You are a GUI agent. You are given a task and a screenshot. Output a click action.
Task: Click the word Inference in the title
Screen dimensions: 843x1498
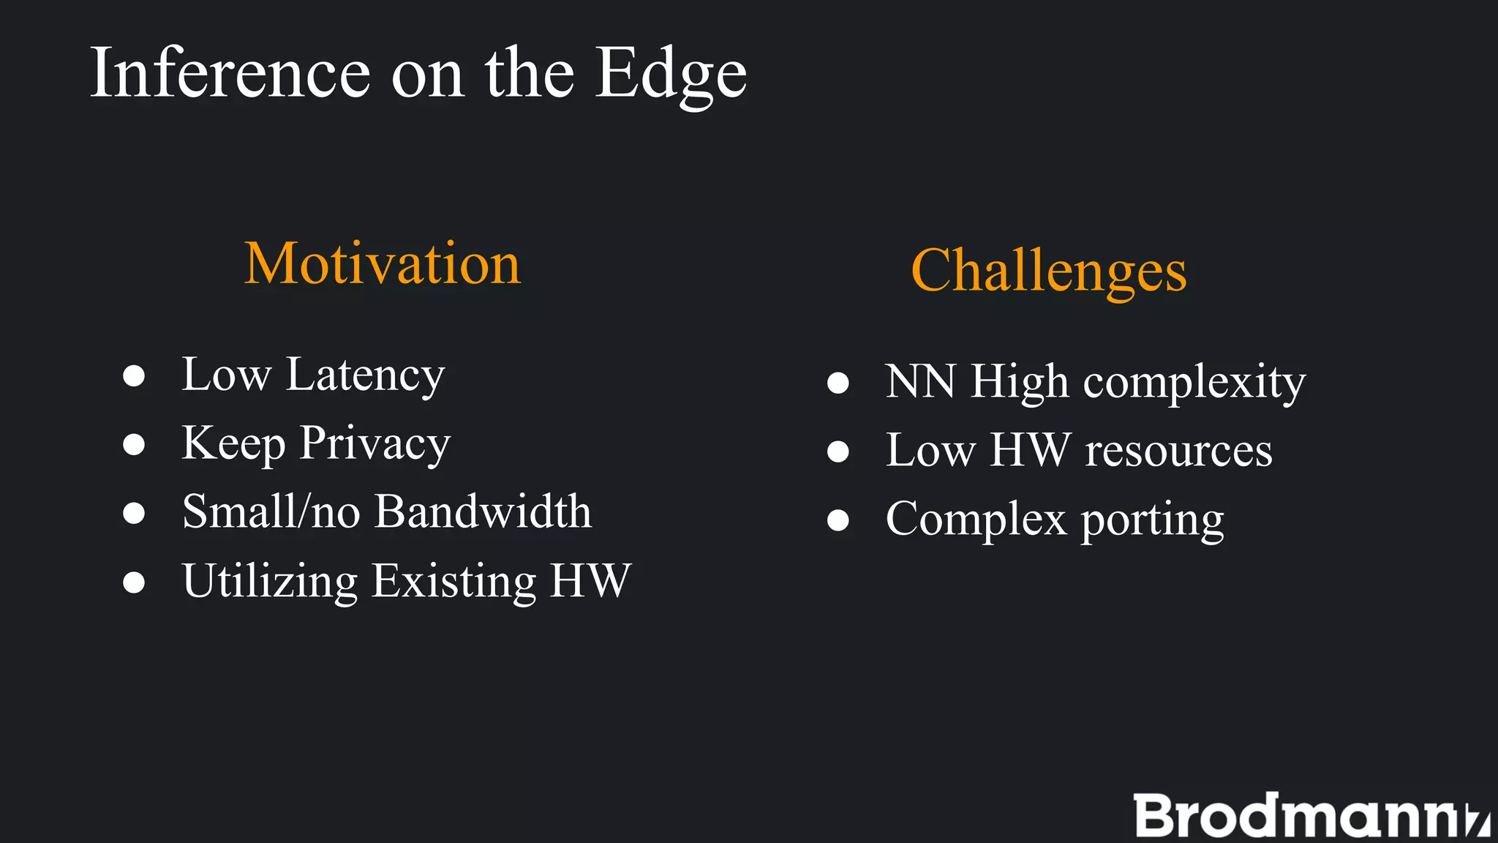(x=230, y=73)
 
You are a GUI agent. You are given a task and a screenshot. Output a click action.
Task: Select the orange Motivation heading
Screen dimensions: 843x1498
(x=382, y=263)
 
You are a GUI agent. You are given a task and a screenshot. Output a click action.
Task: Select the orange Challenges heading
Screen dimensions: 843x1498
(x=1048, y=271)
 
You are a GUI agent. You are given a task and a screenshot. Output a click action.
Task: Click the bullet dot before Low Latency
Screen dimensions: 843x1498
(x=134, y=376)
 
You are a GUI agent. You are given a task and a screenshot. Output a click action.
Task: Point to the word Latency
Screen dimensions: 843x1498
(x=365, y=376)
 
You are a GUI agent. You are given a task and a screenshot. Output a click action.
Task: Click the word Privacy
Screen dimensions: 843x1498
(x=375, y=444)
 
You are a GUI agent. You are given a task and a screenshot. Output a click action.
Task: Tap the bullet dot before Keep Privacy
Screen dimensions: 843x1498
(x=134, y=444)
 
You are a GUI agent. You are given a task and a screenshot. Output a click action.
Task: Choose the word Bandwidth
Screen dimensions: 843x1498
(x=483, y=512)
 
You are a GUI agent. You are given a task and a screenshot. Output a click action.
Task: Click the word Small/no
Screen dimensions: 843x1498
(x=271, y=512)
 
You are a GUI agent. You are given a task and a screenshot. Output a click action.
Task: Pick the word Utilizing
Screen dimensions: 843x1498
(x=269, y=582)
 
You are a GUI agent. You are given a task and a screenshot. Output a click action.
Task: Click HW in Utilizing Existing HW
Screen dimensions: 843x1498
(x=590, y=581)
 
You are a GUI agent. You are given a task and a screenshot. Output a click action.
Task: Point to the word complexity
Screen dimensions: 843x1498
(x=1194, y=383)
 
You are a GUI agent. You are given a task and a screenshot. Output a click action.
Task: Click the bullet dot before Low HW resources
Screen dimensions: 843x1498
(x=838, y=452)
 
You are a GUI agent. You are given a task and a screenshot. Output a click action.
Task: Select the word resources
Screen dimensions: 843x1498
(x=1178, y=451)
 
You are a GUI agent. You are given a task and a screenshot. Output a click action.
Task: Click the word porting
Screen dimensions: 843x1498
(x=1152, y=520)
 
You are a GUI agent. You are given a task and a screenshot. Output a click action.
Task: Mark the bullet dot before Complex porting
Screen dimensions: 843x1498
(x=838, y=520)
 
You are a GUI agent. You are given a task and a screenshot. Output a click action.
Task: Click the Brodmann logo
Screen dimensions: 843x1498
(x=1309, y=815)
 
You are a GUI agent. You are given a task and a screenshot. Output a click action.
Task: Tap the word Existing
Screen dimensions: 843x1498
(x=453, y=582)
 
